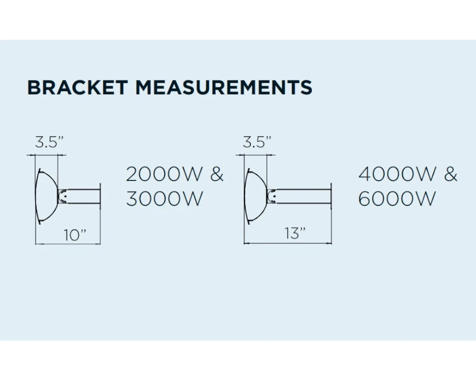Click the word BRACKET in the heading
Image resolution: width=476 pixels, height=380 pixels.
coord(78,88)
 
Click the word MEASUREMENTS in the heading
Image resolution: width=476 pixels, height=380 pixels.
coord(224,88)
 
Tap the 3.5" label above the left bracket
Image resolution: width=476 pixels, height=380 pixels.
coord(50,142)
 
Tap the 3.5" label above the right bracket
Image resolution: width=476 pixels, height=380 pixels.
coord(257,142)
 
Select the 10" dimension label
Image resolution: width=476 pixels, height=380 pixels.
coord(75,236)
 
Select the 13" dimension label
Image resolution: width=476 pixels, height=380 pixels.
coord(295,234)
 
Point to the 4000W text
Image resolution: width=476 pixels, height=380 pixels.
coord(397,174)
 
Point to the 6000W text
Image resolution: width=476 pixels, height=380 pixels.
coord(397,199)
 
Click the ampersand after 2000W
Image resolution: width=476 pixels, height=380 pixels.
coord(217,174)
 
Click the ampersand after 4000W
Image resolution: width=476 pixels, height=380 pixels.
coord(450,174)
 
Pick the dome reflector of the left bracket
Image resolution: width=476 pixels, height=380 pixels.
coord(47,195)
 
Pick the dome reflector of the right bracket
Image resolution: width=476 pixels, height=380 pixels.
coord(256,195)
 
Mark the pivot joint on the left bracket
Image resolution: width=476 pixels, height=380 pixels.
coord(62,195)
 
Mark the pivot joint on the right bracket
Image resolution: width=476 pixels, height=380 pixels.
coord(272,195)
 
